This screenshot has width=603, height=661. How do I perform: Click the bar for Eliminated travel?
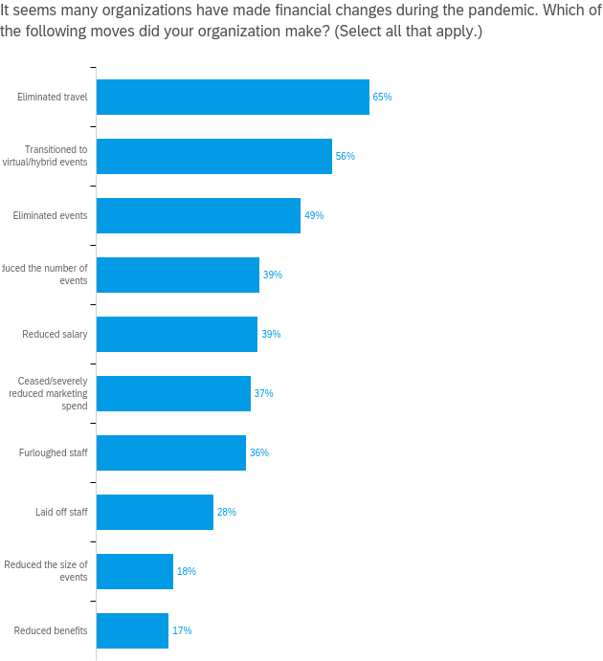233,97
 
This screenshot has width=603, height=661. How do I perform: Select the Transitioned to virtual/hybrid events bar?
214,156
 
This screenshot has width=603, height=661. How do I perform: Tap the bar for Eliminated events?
198,215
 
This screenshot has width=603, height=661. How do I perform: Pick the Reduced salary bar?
177,334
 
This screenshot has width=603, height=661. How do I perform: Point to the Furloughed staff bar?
171,452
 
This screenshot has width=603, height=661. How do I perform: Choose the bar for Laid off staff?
155,512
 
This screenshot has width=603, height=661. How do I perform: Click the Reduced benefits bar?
132,630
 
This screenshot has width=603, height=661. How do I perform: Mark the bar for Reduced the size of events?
135,571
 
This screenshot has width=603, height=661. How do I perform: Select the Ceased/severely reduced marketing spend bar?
173,393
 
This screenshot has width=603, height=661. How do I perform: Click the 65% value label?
382,97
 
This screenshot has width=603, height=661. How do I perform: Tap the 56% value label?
346,156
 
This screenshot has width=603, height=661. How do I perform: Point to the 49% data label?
314,215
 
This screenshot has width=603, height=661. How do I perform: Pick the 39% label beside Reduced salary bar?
271,334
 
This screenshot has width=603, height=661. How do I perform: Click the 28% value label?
226,512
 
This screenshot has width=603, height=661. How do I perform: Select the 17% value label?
182,630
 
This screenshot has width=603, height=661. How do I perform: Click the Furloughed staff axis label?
54,452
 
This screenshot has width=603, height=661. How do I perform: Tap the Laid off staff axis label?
61,512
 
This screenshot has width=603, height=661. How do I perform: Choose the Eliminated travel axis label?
53,97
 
